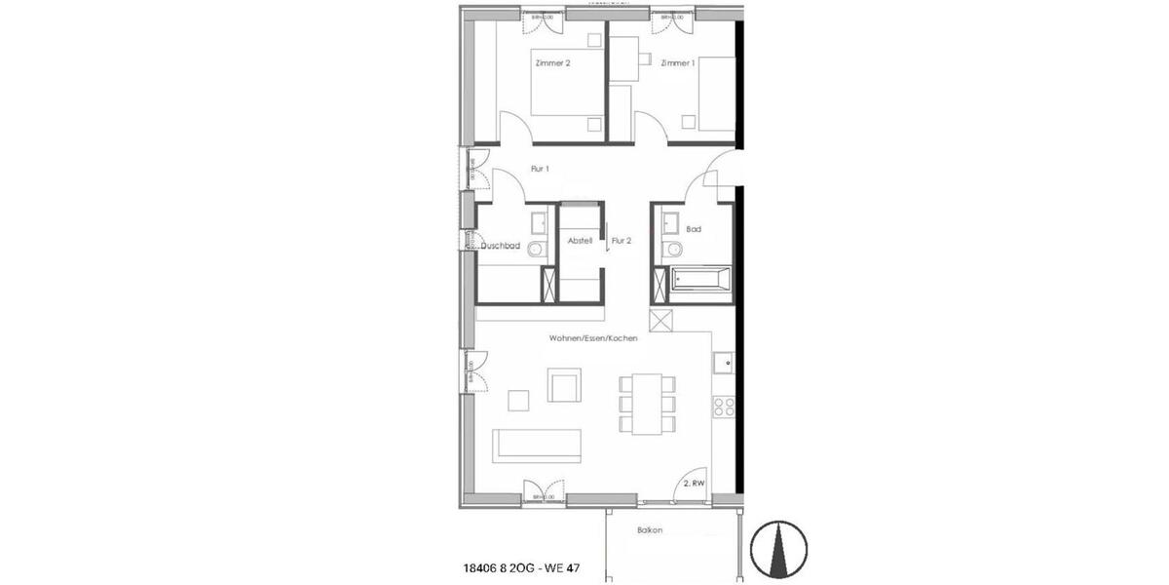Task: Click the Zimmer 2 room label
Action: click(552, 63)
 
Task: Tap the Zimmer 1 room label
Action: click(677, 63)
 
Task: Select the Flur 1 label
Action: click(541, 169)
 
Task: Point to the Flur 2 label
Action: click(622, 240)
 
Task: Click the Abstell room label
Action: click(580, 240)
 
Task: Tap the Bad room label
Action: click(694, 230)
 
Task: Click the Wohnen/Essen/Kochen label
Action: click(592, 337)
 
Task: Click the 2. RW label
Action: click(693, 482)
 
